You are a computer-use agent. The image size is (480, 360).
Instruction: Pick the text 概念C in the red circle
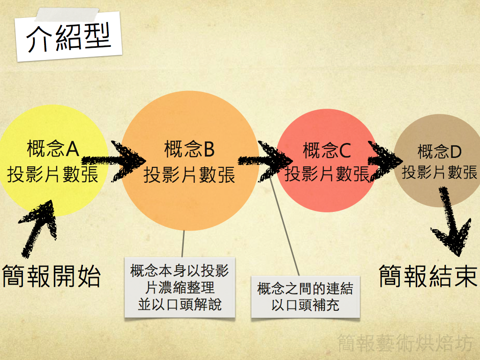327,150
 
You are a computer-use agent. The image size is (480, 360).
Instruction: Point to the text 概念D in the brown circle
439,151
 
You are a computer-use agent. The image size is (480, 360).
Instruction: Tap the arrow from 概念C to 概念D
385,160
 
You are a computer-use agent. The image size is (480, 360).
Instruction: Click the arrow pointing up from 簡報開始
40,225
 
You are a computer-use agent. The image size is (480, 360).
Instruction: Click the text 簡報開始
52,276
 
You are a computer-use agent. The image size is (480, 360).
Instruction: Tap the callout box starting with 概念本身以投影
180,288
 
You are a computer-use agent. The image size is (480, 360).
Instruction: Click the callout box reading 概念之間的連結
305,297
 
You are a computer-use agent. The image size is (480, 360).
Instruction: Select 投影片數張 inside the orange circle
189,175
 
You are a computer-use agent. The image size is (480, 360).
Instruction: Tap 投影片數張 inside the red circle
327,174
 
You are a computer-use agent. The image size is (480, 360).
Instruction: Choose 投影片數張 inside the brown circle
439,172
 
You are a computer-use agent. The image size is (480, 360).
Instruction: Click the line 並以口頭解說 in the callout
180,305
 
